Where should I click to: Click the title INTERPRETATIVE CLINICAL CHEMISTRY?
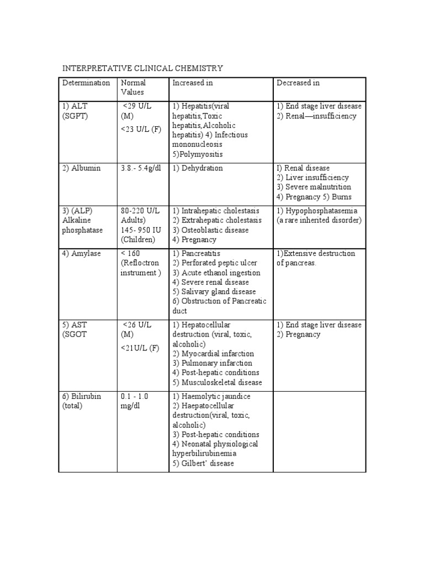pos(142,68)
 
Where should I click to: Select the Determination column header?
pos(86,83)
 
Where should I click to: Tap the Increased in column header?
pos(193,83)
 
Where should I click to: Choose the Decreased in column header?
pos(298,83)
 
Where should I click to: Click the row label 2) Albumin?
pos(82,168)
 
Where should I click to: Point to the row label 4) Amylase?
pos(82,254)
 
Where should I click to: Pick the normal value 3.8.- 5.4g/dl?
pos(141,168)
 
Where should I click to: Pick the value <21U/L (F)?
pos(140,348)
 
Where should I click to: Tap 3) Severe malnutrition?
pos(314,188)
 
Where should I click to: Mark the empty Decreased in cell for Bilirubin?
pos(319,431)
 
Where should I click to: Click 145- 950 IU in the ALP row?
pos(140,230)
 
